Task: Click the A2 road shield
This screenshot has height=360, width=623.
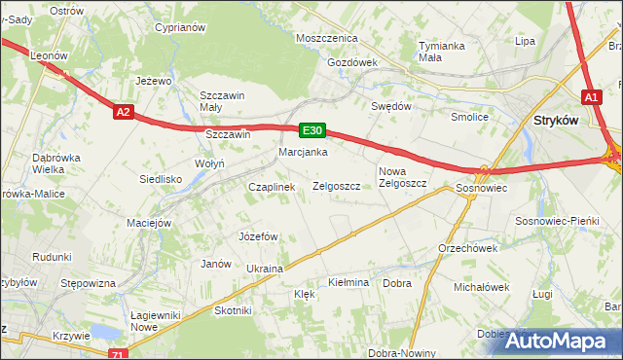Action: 122,113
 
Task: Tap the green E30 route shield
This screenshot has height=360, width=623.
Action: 311,129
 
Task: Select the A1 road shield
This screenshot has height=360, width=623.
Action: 593,97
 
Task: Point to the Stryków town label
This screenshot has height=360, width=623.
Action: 557,121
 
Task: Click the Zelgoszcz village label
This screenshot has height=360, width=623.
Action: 337,186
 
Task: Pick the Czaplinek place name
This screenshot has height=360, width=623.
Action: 272,187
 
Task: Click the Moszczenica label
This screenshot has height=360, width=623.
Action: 328,38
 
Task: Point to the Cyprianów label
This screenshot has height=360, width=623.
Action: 180,27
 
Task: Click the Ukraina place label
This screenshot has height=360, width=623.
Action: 265,268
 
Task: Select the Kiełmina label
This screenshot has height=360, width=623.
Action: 348,282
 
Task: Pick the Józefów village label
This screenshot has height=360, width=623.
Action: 259,236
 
